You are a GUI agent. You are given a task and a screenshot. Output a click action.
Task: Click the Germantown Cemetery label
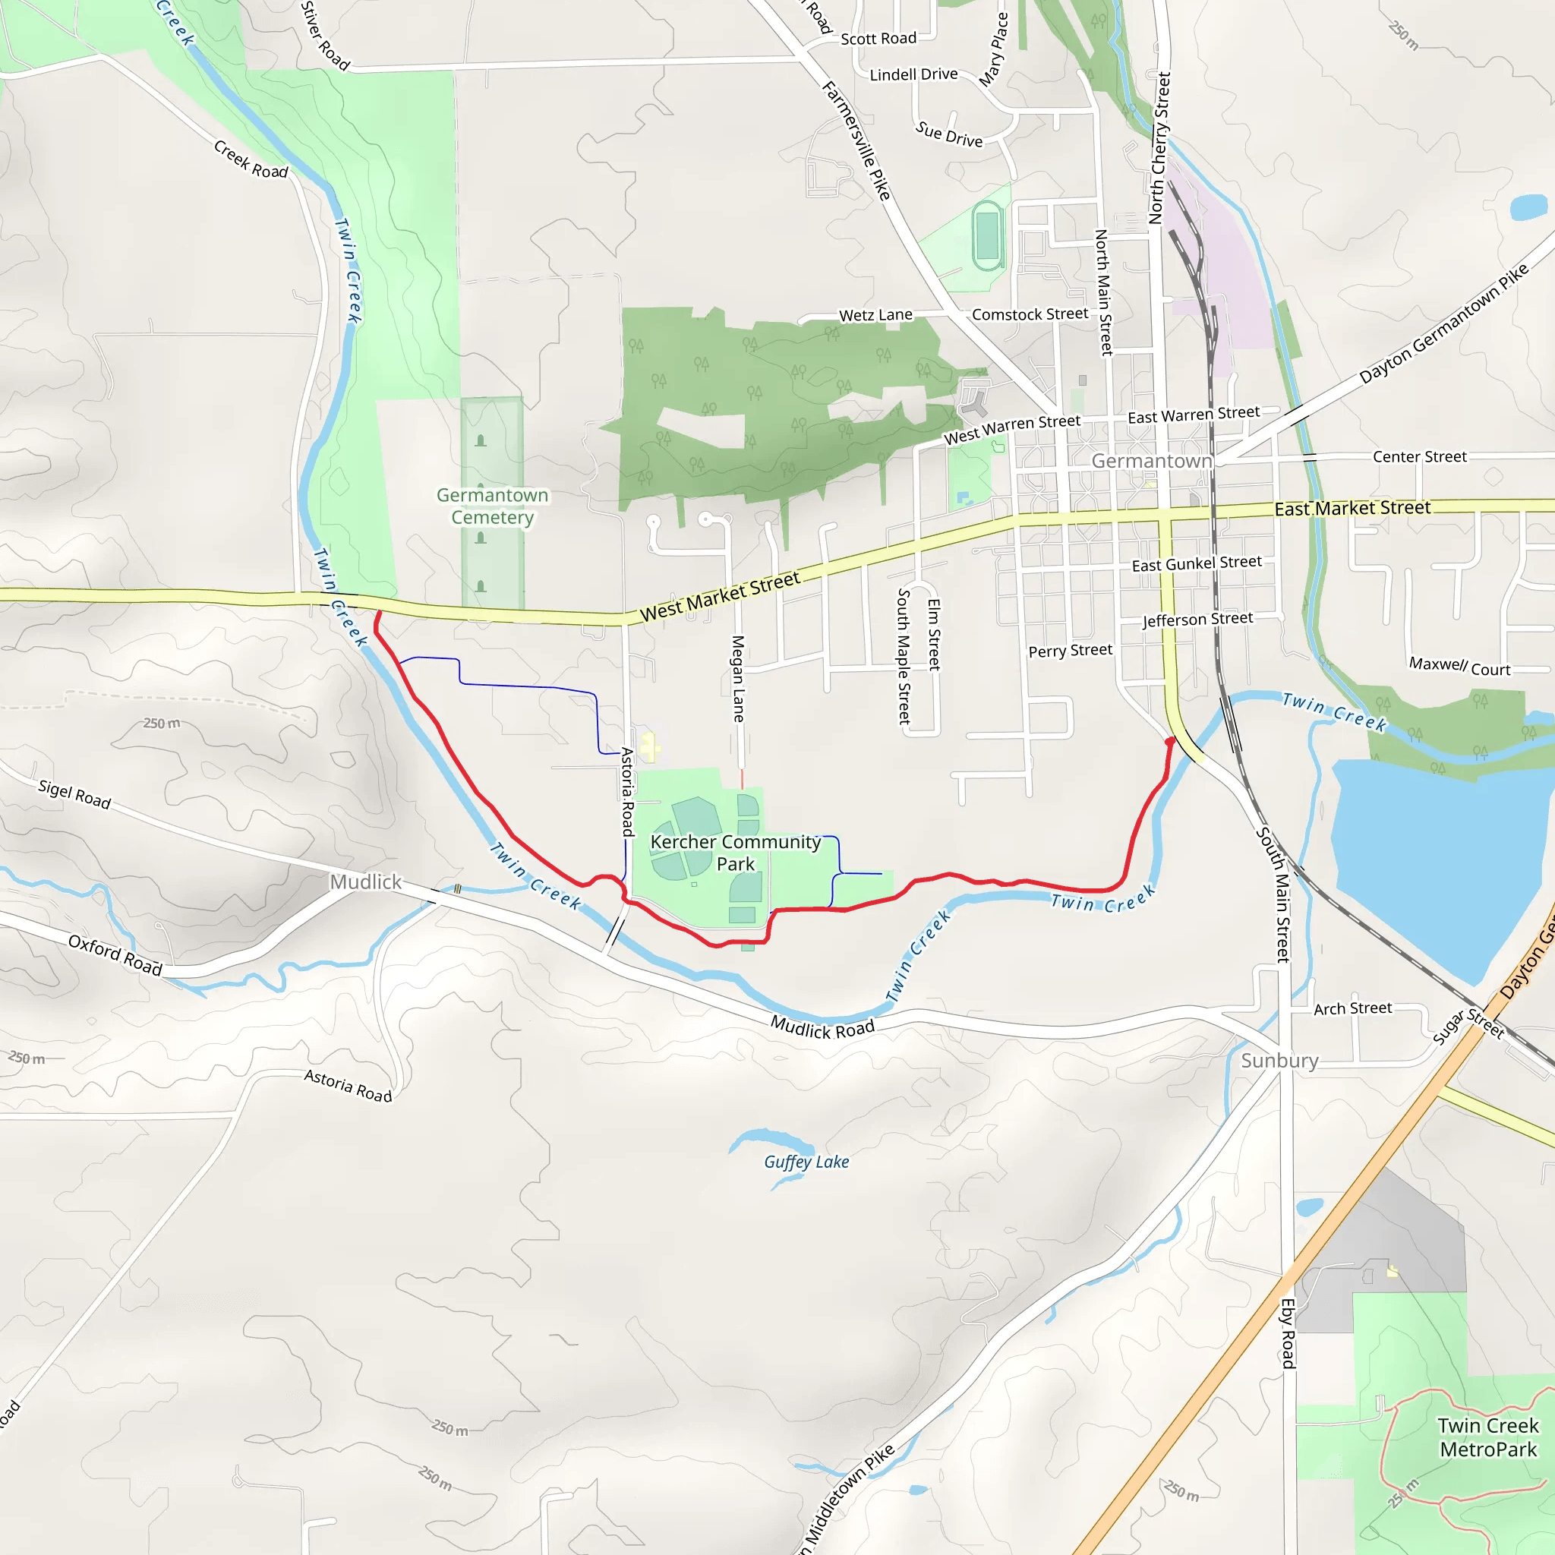click(x=492, y=506)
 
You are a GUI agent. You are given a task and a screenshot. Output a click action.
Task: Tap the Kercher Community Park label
click(x=735, y=853)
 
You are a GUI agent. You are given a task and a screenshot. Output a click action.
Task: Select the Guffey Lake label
click(x=806, y=1162)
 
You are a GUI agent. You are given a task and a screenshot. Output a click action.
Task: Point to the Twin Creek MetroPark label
click(x=1487, y=1437)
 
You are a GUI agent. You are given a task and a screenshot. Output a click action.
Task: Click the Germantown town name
click(x=1151, y=461)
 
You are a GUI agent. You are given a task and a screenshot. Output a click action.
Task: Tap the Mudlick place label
click(x=365, y=882)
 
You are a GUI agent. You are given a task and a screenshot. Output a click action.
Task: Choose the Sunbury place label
click(x=1279, y=1061)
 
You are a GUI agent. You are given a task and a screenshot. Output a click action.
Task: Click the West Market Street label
click(x=720, y=596)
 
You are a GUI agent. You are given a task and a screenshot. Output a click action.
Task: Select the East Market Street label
click(x=1352, y=508)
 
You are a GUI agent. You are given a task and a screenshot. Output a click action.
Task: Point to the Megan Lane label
click(x=737, y=678)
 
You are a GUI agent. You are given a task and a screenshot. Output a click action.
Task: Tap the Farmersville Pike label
click(x=856, y=141)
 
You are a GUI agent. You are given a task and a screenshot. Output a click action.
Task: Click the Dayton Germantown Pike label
click(x=1444, y=323)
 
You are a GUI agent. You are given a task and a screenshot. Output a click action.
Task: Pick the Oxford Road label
click(x=115, y=954)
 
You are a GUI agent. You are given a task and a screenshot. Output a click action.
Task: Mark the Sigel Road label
click(x=75, y=794)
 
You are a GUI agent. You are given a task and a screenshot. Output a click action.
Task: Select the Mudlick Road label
click(x=822, y=1028)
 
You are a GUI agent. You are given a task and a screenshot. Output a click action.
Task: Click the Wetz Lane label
click(x=875, y=314)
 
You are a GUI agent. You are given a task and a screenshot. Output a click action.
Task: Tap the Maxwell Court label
click(x=1459, y=667)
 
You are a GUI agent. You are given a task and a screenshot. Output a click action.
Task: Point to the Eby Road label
click(x=1288, y=1333)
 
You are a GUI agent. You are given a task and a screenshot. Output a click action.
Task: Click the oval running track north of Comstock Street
click(x=987, y=235)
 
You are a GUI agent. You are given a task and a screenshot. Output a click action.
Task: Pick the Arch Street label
click(x=1352, y=1008)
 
